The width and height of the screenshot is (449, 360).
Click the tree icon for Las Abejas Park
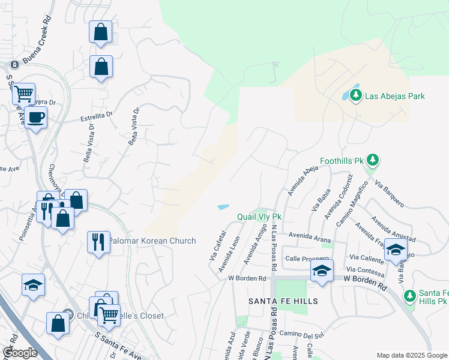[356, 95]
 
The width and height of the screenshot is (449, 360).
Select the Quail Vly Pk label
[259, 217]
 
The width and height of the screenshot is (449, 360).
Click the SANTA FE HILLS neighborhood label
[283, 300]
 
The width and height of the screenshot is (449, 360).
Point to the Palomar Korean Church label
[152, 241]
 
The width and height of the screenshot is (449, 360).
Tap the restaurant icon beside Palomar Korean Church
[98, 242]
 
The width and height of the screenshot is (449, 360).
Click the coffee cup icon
[36, 116]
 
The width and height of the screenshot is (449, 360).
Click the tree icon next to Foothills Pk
[374, 159]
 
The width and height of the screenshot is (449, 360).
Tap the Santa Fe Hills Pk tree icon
[410, 295]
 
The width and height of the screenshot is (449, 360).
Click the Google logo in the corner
[20, 353]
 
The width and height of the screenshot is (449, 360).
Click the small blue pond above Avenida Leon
[223, 207]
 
